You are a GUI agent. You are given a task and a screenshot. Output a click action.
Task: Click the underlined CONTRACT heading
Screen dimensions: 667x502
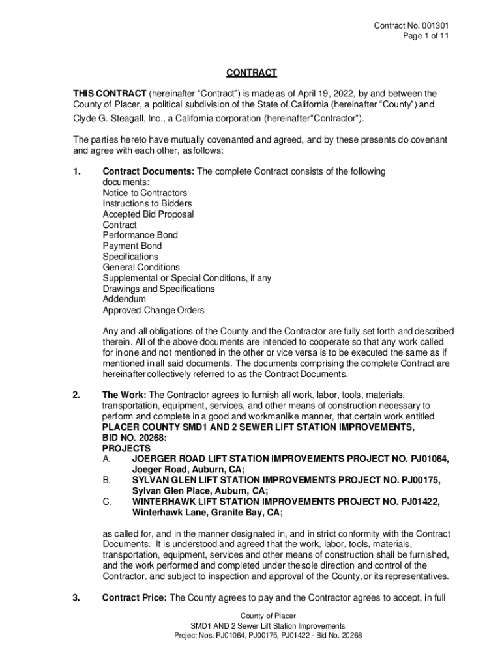point(251,72)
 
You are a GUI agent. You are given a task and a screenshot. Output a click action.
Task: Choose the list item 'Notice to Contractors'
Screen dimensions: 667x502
point(145,193)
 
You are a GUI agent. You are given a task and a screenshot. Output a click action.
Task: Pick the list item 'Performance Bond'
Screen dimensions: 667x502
point(140,235)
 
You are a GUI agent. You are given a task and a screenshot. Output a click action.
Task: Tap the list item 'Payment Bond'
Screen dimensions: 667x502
point(132,246)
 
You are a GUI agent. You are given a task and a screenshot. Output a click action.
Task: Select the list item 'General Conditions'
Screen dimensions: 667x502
point(141,267)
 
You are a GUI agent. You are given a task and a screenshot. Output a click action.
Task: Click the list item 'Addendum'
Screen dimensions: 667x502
point(125,299)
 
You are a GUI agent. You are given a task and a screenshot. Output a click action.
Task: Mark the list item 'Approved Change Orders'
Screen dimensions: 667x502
point(153,310)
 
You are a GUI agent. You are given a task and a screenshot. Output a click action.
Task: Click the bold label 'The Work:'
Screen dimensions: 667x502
point(125,395)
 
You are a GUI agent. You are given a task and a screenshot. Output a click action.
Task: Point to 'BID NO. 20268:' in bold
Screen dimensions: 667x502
point(134,438)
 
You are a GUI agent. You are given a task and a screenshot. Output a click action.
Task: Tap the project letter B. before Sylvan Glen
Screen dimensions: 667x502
point(106,480)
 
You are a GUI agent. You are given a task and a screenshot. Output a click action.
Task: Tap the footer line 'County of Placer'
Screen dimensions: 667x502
point(268,616)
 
